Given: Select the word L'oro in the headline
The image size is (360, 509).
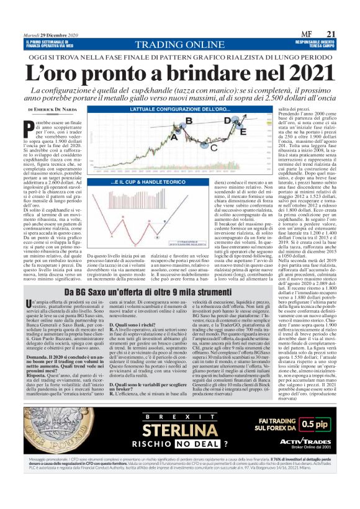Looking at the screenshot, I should coord(69,70).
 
